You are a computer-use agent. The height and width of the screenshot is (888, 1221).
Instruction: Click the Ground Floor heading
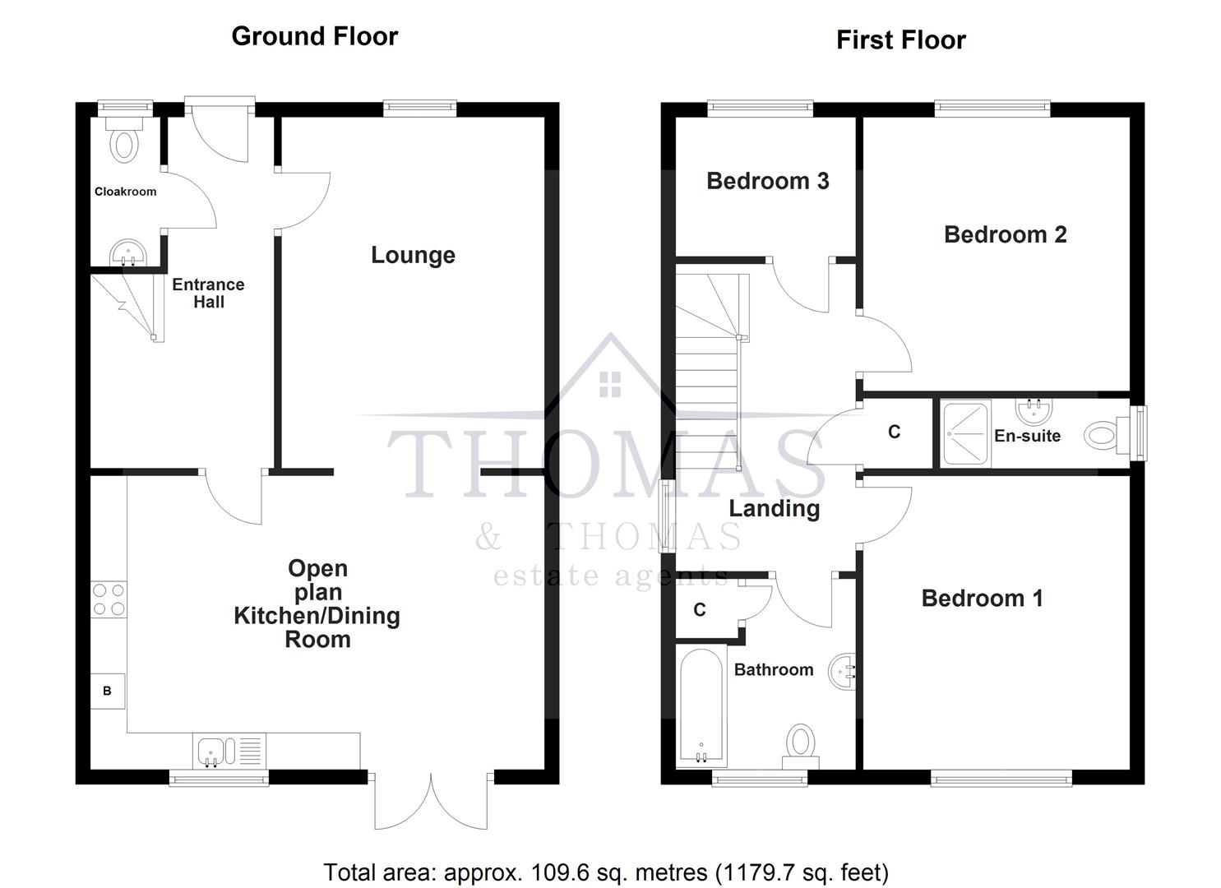(314, 36)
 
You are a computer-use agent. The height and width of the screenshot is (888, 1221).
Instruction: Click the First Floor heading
(900, 40)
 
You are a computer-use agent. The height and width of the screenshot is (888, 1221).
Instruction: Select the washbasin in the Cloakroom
(127, 252)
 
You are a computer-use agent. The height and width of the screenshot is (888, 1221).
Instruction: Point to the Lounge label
(413, 255)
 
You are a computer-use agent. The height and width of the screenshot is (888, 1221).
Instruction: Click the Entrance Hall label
(208, 293)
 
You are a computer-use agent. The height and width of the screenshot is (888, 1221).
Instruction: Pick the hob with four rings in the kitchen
(109, 599)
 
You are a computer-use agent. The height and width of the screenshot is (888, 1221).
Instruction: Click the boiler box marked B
(108, 691)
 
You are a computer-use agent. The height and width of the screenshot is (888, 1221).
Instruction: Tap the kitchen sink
(211, 751)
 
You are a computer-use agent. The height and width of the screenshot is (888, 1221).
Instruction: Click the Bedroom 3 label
(767, 181)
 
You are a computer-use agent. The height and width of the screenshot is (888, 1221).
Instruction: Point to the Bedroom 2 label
(1005, 234)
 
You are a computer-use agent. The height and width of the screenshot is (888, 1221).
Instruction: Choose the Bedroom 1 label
(982, 598)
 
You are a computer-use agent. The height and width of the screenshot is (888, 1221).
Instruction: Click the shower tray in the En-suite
(964, 433)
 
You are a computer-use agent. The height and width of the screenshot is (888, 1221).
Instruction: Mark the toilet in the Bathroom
(798, 742)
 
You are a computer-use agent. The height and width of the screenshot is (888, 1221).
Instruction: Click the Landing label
(774, 508)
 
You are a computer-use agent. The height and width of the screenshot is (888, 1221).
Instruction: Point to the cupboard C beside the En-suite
(895, 432)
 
